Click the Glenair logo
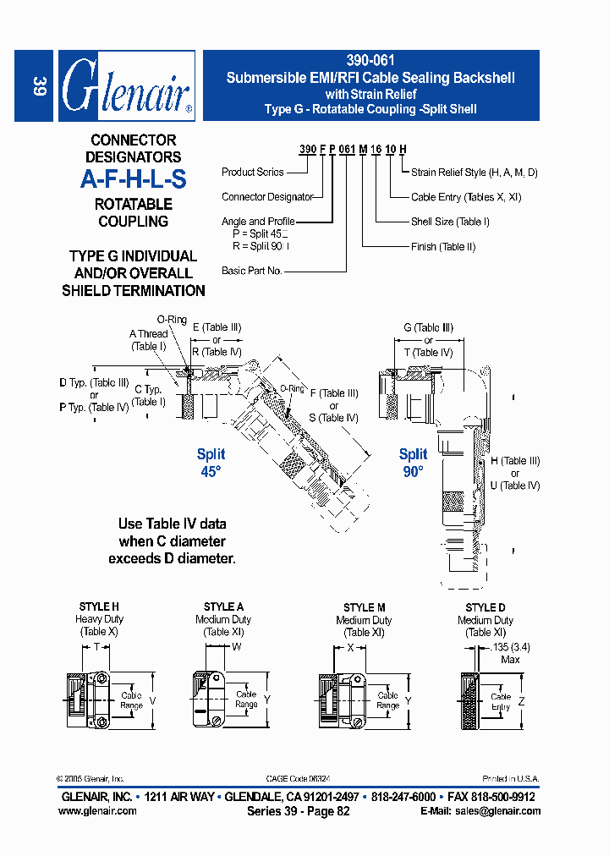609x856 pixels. click(127, 86)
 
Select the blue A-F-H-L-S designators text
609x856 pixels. click(133, 179)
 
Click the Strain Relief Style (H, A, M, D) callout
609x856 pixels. click(475, 173)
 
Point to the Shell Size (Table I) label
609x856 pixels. click(450, 222)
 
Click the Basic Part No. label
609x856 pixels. click(252, 271)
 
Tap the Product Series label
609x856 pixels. click(253, 173)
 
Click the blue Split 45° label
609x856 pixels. click(211, 463)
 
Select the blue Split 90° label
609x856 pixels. click(413, 463)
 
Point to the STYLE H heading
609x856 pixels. click(99, 607)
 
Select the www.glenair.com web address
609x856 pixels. click(97, 811)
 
